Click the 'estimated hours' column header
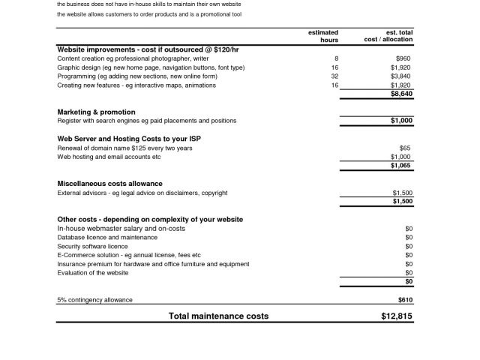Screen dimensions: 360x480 tap(323, 36)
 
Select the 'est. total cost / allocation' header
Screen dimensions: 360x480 tap(388, 36)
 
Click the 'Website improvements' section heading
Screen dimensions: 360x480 tap(148, 49)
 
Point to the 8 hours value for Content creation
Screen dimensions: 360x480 tap(336, 58)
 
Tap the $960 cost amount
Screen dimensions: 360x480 tap(403, 58)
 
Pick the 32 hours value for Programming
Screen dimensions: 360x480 tap(334, 76)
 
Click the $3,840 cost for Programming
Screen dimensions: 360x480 tap(400, 76)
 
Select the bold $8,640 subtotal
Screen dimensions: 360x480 tap(401, 94)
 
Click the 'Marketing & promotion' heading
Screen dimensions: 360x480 tap(97, 112)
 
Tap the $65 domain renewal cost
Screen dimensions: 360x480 tap(406, 148)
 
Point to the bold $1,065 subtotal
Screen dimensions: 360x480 tap(401, 166)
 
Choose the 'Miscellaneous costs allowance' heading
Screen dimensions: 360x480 tap(109, 184)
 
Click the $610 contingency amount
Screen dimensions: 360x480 tap(405, 300)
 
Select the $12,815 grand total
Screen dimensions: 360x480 tap(396, 316)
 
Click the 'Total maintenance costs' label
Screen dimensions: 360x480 tap(218, 316)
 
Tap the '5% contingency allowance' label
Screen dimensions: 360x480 tap(94, 300)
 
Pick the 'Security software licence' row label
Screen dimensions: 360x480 tap(92, 246)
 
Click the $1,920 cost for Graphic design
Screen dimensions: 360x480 tap(400, 67)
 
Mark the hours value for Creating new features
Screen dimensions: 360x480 tap(334, 85)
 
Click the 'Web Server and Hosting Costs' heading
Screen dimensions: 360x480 tap(129, 139)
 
